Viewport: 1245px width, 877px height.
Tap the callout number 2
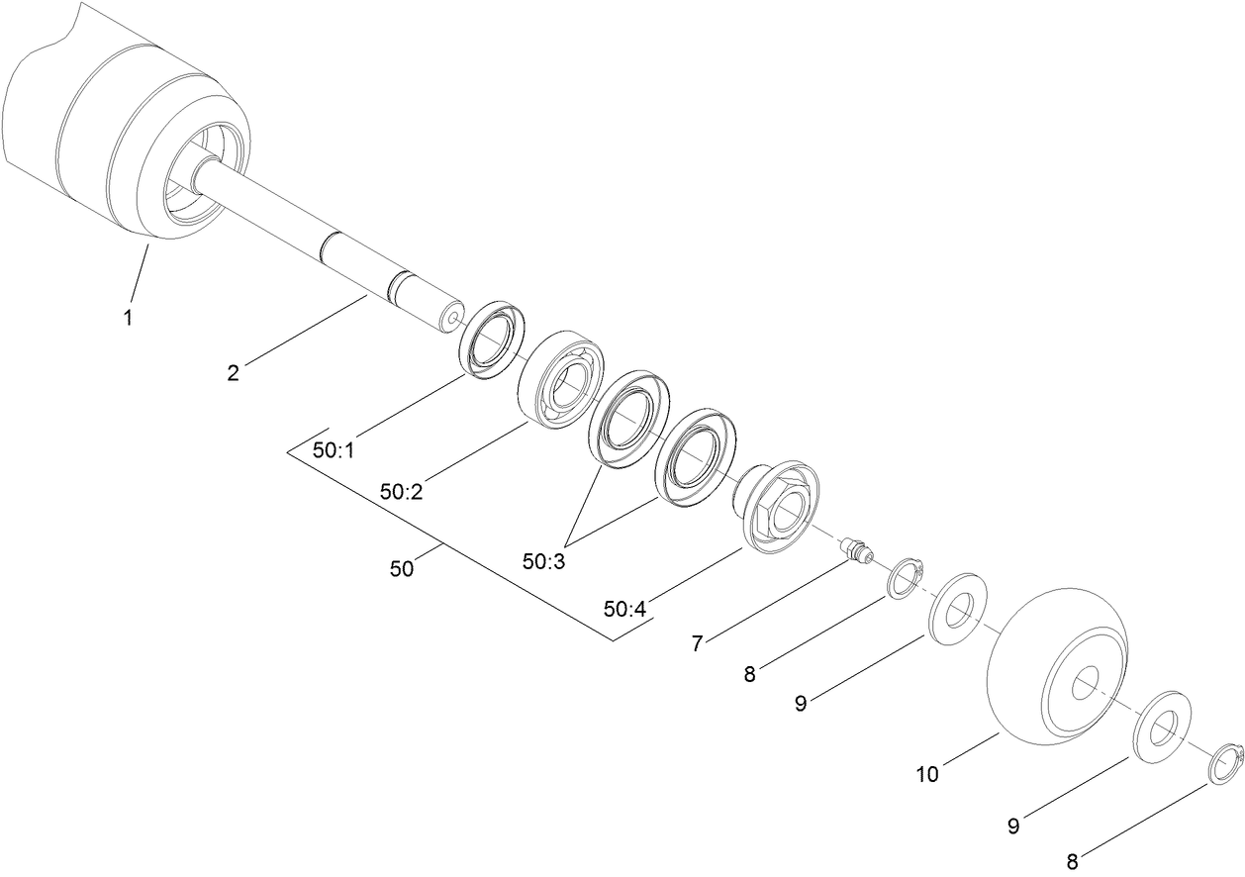233,372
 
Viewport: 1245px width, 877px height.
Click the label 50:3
543,560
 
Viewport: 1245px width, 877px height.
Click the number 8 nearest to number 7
749,674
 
